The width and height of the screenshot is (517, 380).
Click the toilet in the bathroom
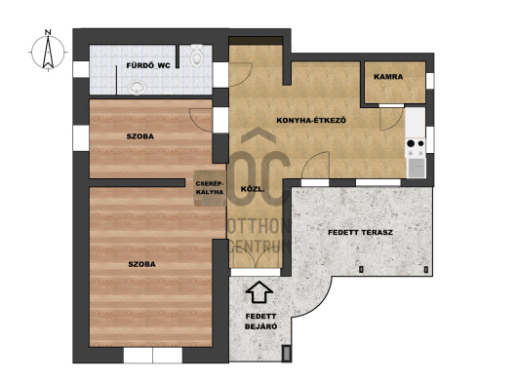pyautogui.click(x=197, y=56)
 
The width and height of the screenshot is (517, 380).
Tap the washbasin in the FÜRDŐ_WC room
pyautogui.click(x=138, y=88)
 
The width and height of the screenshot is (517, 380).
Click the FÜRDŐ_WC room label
pyautogui.click(x=148, y=65)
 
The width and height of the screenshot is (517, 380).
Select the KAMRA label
pyautogui.click(x=388, y=77)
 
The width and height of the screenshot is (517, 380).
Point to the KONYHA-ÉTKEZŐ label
pyautogui.click(x=311, y=120)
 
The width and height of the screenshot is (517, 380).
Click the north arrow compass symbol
pyautogui.click(x=48, y=52)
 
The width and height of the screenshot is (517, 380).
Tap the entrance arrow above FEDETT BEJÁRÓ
pyautogui.click(x=259, y=291)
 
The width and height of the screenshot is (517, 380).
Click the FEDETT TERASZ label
pyautogui.click(x=360, y=233)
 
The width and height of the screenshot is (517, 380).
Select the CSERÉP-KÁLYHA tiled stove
pyautogui.click(x=210, y=188)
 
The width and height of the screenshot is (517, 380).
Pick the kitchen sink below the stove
pyautogui.click(x=417, y=168)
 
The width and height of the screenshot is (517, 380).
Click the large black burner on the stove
pyautogui.click(x=411, y=143)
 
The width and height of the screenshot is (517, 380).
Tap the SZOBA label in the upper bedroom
pyautogui.click(x=140, y=136)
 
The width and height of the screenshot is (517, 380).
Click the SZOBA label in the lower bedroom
pyautogui.click(x=141, y=264)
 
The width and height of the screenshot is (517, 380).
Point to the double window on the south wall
pyautogui.click(x=153, y=355)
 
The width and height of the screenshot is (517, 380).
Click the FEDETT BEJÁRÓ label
pyautogui.click(x=260, y=322)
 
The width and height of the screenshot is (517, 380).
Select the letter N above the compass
pyautogui.click(x=48, y=32)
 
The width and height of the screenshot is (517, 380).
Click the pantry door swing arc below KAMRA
pyautogui.click(x=391, y=119)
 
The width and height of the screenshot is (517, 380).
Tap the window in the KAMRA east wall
pyautogui.click(x=430, y=81)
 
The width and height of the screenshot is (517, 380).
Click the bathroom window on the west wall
pyautogui.click(x=81, y=69)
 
